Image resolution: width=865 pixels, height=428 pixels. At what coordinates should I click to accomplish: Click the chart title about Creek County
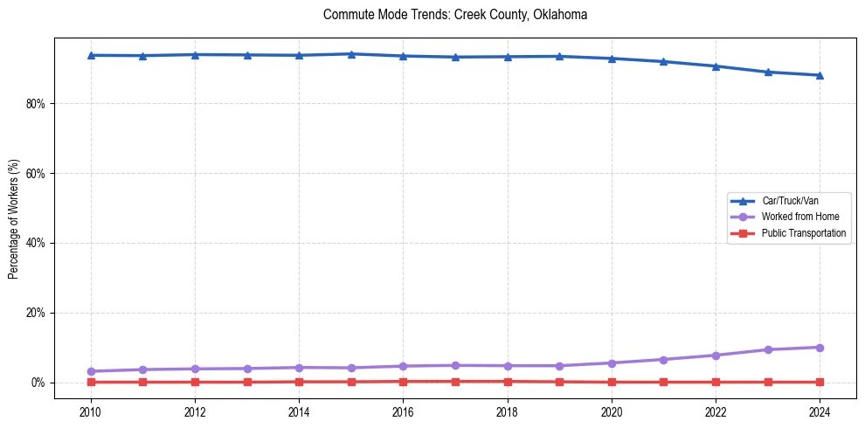tap(454, 15)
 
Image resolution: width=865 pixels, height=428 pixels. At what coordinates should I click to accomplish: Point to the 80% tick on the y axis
tap(38, 103)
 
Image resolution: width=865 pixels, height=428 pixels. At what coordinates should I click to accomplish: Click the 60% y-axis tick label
tap(38, 173)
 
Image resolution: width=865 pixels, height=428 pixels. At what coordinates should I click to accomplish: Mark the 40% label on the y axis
tap(38, 243)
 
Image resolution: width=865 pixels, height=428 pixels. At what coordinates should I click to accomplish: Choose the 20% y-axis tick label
tap(38, 313)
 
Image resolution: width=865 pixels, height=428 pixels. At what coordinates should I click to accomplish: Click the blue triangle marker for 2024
tap(820, 75)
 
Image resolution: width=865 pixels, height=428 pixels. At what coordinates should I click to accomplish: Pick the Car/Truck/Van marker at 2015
tap(351, 54)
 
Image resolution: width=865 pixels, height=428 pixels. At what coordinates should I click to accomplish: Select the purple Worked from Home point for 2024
tap(820, 348)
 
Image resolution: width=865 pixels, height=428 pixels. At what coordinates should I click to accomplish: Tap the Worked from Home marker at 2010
tap(91, 371)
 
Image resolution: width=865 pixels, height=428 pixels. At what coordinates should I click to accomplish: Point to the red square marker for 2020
tap(612, 382)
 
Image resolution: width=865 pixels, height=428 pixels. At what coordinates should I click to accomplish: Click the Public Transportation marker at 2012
tap(195, 382)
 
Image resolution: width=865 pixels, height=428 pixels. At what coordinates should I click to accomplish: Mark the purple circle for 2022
tap(716, 356)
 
